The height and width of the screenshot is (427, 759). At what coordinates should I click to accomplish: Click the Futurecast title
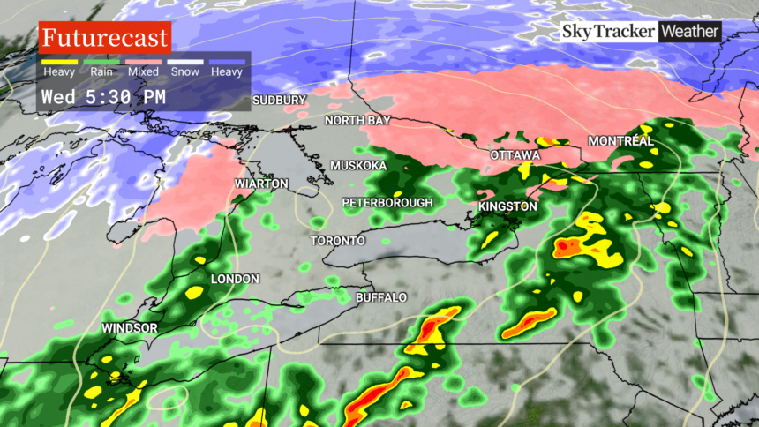point(104,38)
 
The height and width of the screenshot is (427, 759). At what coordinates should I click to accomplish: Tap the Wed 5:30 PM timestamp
point(102,96)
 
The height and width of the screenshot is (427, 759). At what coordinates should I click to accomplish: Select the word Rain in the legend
point(100,71)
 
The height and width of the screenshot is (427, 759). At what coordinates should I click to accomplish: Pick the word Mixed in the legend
point(143,71)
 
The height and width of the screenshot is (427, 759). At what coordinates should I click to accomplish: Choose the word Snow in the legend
point(185,71)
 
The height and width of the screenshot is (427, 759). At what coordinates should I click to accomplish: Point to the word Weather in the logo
point(690,32)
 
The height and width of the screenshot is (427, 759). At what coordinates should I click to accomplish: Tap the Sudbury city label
point(279,101)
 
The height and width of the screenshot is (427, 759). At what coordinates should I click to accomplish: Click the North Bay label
point(357,120)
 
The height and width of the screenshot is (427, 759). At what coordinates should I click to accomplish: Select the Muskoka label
point(358,166)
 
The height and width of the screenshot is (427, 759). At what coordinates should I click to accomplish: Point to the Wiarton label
point(261,184)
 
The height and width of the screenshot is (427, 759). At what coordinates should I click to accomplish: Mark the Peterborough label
point(387,203)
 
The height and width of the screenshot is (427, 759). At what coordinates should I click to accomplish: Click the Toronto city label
point(337,241)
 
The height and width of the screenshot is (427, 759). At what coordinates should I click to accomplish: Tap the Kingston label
point(507,206)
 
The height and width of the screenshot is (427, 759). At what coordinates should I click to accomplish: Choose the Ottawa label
point(515,155)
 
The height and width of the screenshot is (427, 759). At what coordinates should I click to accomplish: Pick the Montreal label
point(620,141)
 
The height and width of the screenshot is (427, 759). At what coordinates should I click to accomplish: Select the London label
point(235,279)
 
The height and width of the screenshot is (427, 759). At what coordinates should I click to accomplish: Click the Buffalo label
point(380,297)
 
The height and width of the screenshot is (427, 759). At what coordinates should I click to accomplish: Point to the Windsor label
point(129,328)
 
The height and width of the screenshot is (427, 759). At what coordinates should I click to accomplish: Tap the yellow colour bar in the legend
point(59,62)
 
